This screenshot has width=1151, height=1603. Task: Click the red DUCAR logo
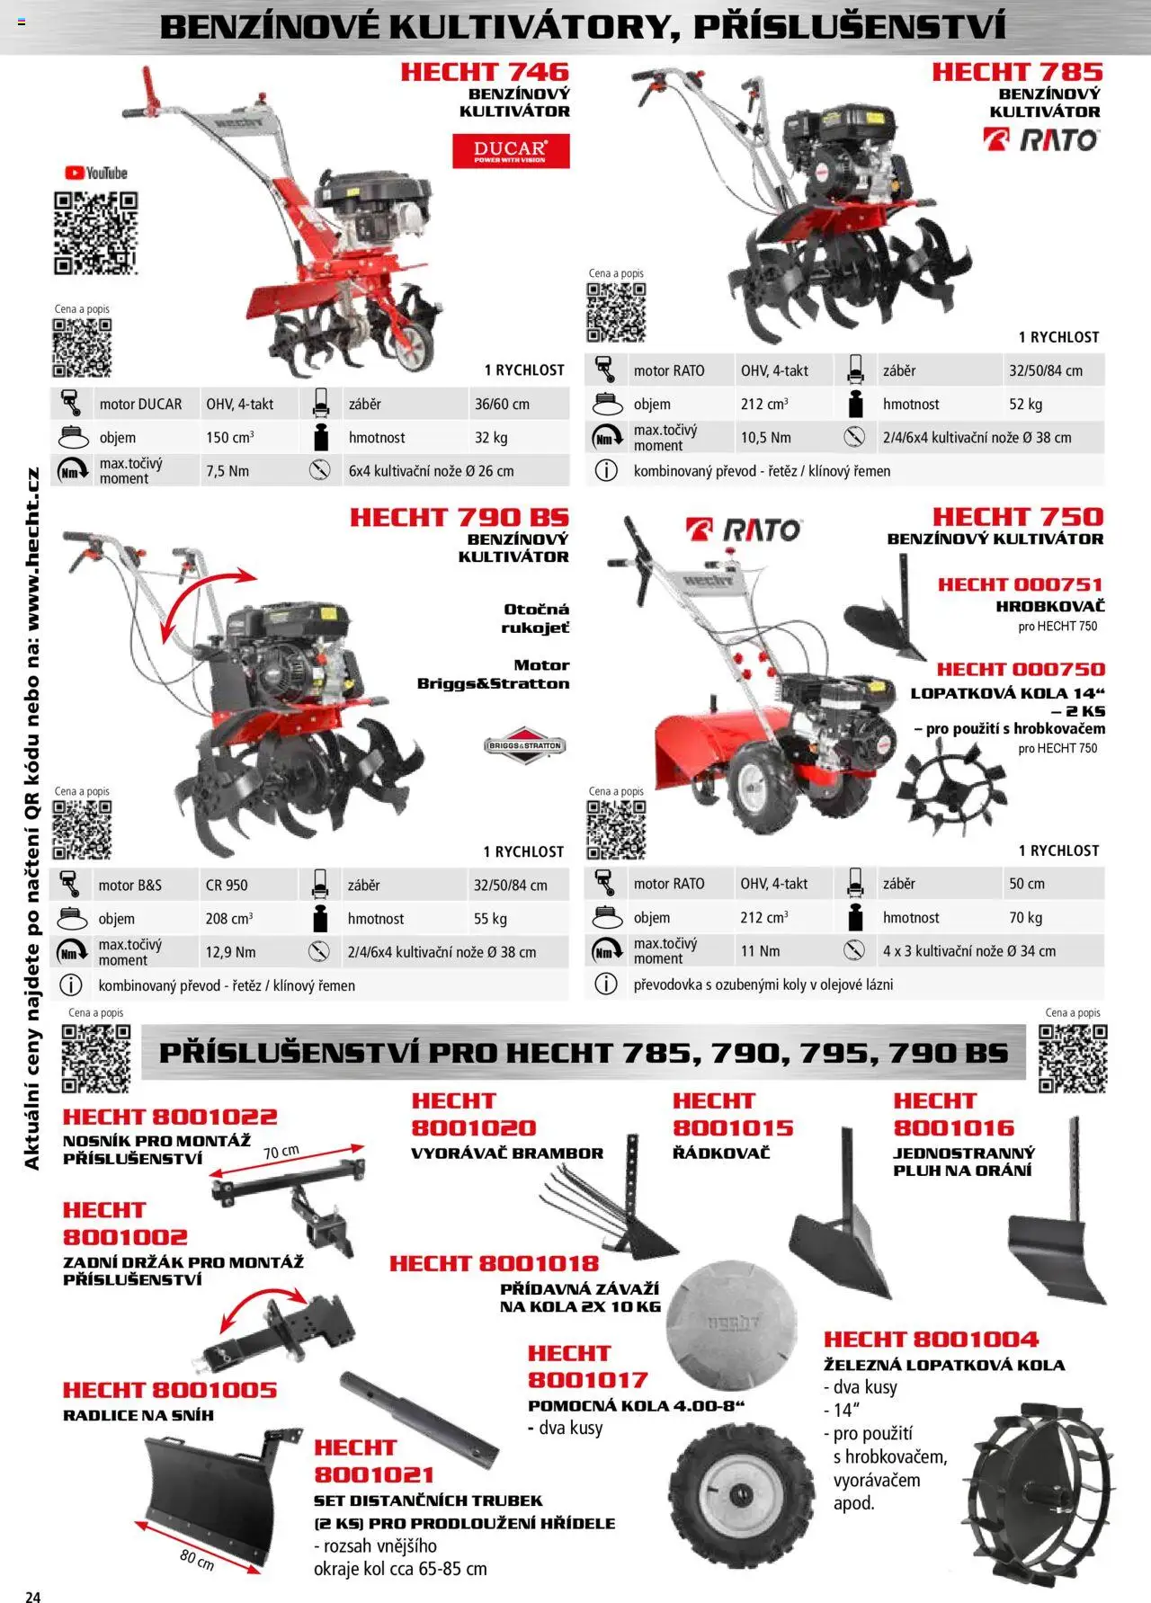511,151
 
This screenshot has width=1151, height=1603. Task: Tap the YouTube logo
96,174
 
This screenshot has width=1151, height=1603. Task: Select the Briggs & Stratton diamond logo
525,745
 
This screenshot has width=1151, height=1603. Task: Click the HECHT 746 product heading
485,72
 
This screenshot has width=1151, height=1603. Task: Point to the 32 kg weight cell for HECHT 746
491,438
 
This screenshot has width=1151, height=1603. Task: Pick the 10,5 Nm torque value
766,438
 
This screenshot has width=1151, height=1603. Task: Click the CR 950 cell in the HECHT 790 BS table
227,886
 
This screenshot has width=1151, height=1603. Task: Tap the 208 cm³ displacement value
229,919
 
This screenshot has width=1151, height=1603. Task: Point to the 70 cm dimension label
281,1152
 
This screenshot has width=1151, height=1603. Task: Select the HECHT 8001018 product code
494,1263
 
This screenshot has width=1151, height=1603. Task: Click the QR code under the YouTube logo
95,233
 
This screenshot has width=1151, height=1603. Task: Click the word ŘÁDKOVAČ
721,1153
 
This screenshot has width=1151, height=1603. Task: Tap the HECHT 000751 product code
1021,584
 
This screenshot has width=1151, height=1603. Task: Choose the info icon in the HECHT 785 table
606,470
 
